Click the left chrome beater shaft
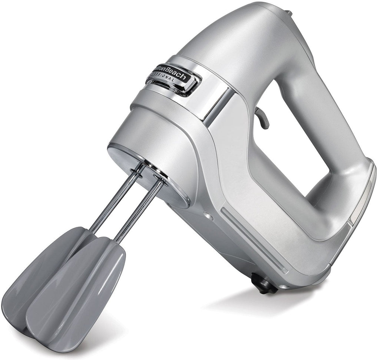tap(116, 198)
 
